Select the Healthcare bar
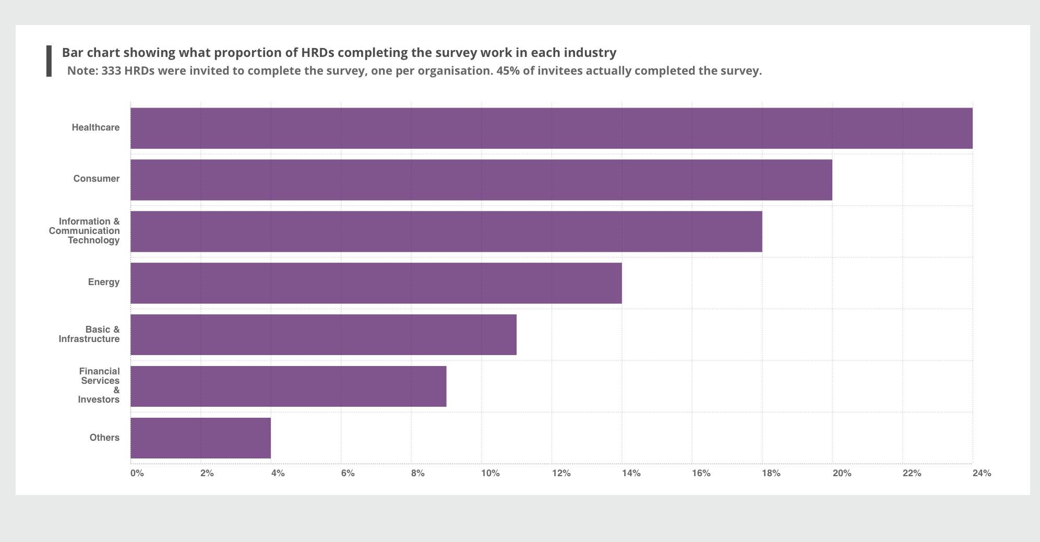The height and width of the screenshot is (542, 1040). (551, 128)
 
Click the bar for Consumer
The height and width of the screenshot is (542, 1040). (481, 180)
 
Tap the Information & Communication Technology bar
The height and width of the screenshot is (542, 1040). (446, 231)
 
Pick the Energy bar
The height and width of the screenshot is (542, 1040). (376, 283)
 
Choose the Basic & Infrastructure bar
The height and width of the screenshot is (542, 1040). (323, 335)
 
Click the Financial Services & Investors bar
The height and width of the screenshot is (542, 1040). (288, 386)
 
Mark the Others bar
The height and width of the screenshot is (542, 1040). (200, 438)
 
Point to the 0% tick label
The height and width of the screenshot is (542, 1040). (137, 474)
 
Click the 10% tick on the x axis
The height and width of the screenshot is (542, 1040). (490, 474)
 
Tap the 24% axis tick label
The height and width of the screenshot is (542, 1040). (982, 474)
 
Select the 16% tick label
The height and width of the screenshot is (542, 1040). (701, 474)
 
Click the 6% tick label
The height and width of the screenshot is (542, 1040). (348, 474)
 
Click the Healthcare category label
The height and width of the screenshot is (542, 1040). (95, 127)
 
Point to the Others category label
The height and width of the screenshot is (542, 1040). (104, 438)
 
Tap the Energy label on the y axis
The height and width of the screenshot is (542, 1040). (103, 282)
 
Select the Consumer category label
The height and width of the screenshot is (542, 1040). (96, 179)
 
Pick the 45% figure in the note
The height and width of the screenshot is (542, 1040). (506, 71)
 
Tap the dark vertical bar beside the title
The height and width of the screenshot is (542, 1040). (49, 61)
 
